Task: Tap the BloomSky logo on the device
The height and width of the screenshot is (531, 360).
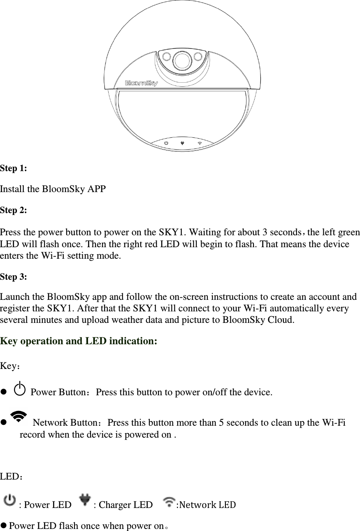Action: [141, 83]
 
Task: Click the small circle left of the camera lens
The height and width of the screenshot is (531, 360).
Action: [165, 56]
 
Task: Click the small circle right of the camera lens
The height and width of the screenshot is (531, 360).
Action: [197, 56]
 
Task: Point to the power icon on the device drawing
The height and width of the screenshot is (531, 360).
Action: [166, 143]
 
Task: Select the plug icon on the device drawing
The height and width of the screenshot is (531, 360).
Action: [183, 143]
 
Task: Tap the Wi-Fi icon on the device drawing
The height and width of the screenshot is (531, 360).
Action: [200, 143]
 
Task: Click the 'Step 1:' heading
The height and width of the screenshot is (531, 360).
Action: [14, 168]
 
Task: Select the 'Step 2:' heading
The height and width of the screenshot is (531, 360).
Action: [14, 210]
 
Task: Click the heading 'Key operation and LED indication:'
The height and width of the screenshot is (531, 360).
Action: [79, 341]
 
